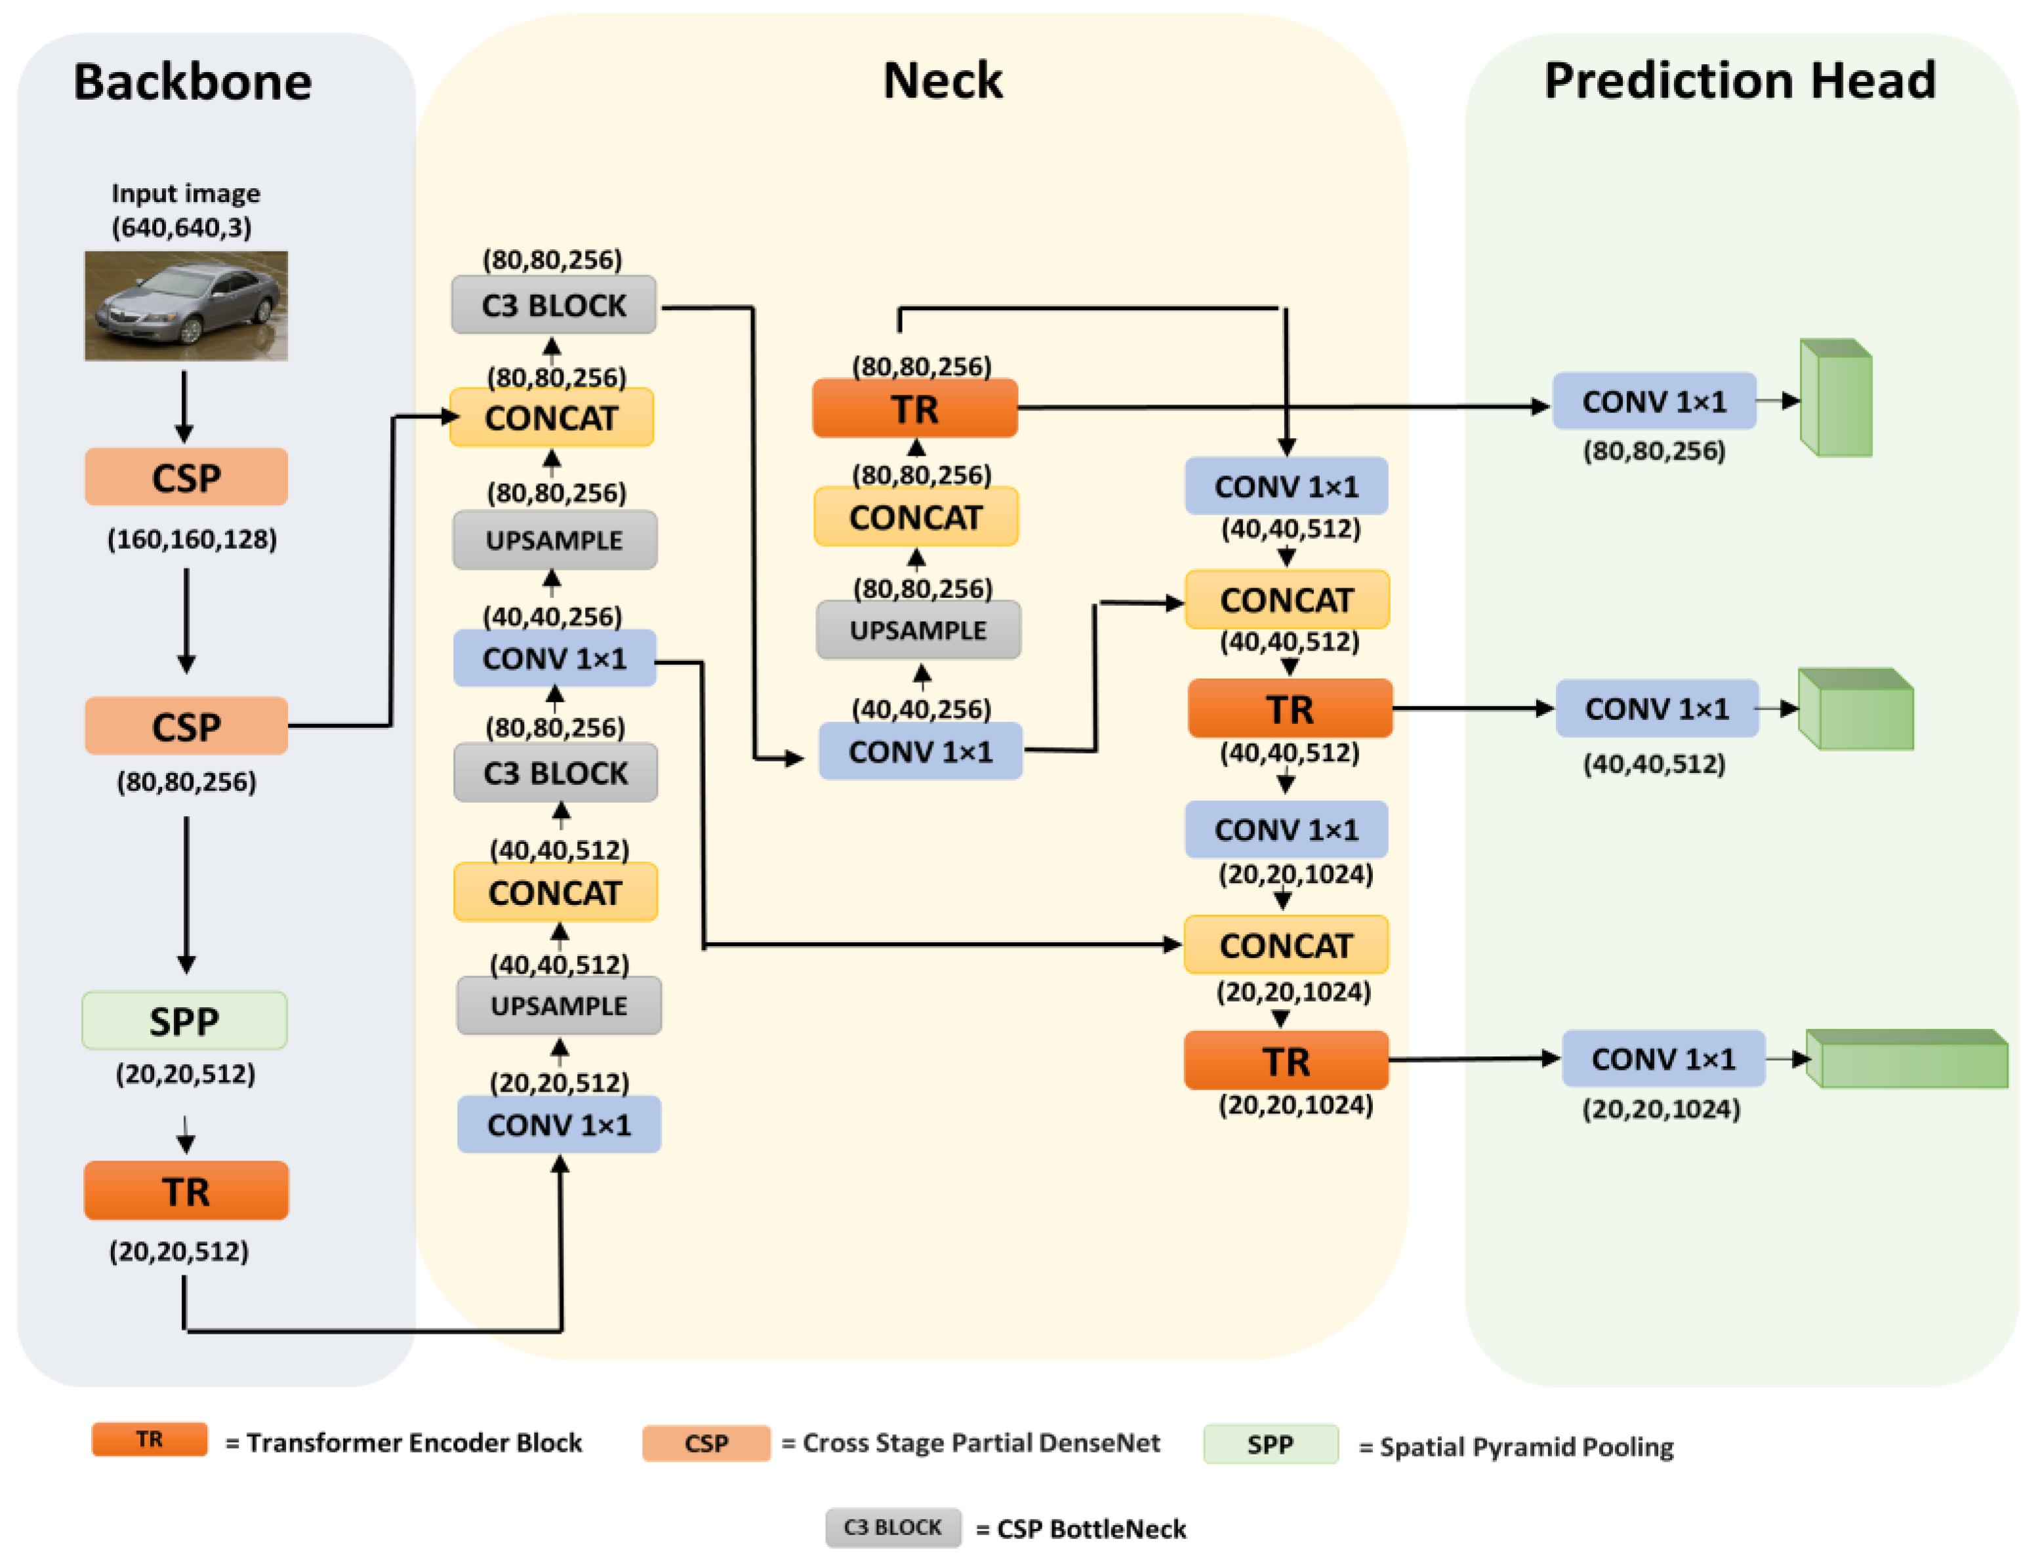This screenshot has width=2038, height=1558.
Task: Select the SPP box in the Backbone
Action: [x=184, y=1020]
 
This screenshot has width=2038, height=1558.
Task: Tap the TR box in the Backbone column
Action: [x=186, y=1191]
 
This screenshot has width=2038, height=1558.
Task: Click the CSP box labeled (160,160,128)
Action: [x=186, y=477]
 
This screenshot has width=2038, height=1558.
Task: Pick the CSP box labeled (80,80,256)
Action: [x=186, y=726]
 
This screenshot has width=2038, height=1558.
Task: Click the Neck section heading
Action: [x=943, y=80]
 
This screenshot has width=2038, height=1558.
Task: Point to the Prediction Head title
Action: [x=1740, y=80]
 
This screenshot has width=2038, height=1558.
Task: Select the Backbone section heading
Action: [x=192, y=81]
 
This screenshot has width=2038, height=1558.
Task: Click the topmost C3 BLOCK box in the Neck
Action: [x=553, y=304]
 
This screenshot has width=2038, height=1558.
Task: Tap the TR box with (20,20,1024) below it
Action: [x=1286, y=1060]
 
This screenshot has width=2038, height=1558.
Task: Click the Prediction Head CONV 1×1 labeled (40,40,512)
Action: [x=1657, y=709]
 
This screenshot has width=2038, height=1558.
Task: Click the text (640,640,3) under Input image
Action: [x=182, y=227]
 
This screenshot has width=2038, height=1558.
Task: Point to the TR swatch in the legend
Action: [x=150, y=1439]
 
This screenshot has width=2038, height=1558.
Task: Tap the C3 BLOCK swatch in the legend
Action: [x=892, y=1527]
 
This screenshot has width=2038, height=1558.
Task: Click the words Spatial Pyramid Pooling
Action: [x=1526, y=1447]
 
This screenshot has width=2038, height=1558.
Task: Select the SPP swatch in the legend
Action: [x=1270, y=1444]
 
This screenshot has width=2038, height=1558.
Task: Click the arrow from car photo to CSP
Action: [x=184, y=406]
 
